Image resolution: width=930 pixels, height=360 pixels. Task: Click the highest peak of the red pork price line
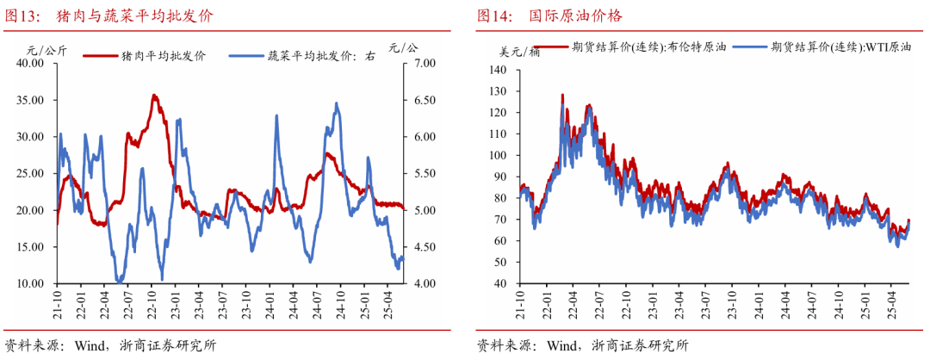pos(153,96)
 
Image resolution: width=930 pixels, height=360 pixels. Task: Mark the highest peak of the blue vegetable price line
pos(336,103)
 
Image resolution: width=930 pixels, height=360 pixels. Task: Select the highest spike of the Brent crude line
pos(562,95)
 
